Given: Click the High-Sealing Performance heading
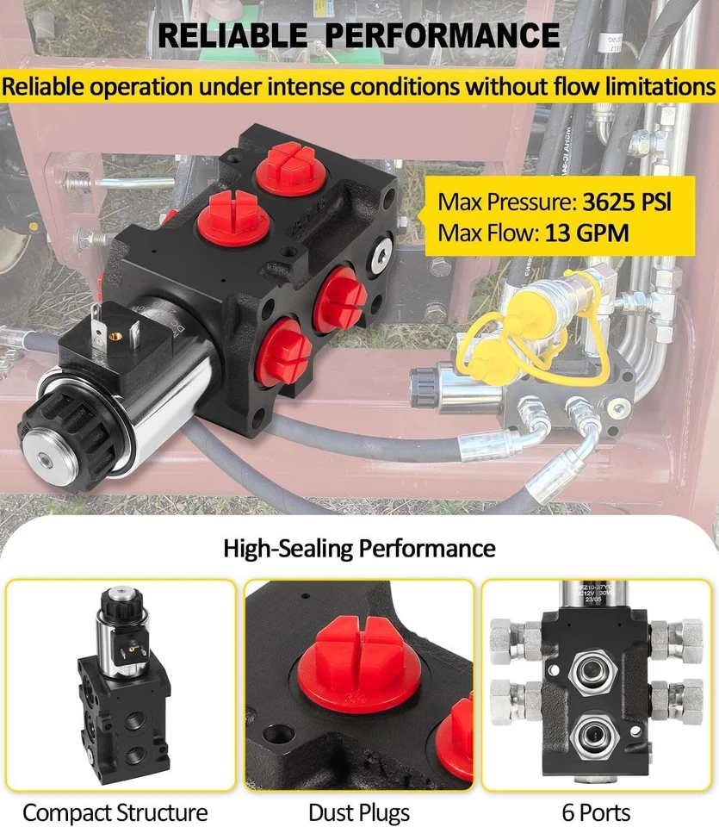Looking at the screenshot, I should pos(359,548).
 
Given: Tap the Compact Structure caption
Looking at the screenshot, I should pos(115,811).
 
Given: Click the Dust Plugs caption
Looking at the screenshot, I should pos(359,811).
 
